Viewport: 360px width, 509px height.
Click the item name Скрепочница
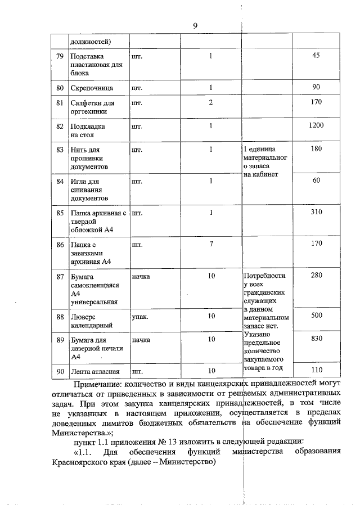92,88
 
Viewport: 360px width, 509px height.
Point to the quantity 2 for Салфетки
210,102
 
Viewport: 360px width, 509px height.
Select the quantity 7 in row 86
210,245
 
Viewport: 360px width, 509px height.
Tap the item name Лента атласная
94,371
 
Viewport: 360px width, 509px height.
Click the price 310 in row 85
316,213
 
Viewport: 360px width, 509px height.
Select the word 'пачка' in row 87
141,277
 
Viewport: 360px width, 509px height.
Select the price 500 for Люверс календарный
316,316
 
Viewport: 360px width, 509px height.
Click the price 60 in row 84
316,180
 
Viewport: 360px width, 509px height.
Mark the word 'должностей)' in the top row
91,41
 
